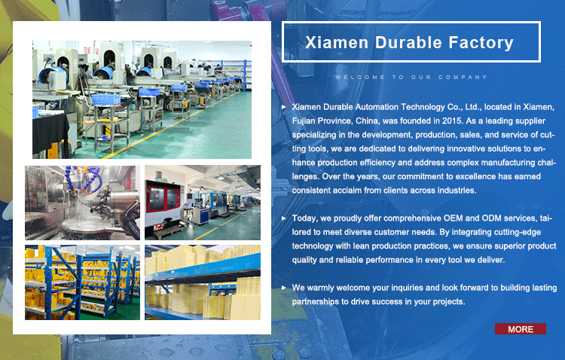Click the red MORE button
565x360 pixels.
tap(521, 329)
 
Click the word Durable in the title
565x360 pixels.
tap(408, 42)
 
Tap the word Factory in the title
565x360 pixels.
tap(481, 43)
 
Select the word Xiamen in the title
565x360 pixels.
tap(337, 42)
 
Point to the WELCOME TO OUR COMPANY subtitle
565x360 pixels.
tap(411, 77)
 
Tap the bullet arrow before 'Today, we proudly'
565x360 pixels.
tap(284, 218)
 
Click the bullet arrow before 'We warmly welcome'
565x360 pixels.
tap(284, 288)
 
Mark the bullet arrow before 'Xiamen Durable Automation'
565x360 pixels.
tap(284, 107)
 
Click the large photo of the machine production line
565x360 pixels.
tap(142, 100)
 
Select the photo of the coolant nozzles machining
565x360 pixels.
tap(83, 203)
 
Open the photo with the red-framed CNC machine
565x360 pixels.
tap(203, 203)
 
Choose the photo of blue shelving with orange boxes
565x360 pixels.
tap(83, 282)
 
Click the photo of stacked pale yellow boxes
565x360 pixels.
tap(203, 282)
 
